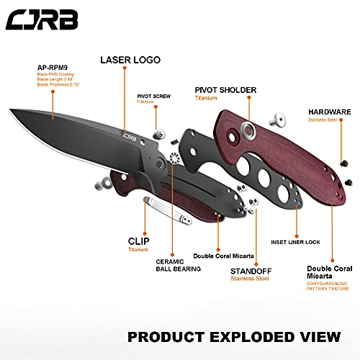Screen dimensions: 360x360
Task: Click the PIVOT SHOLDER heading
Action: click(x=227, y=91)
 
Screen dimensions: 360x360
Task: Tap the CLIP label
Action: click(x=138, y=241)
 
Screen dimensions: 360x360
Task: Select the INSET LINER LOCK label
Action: click(x=295, y=242)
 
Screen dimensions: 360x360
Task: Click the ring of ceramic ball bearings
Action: click(x=174, y=159)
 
